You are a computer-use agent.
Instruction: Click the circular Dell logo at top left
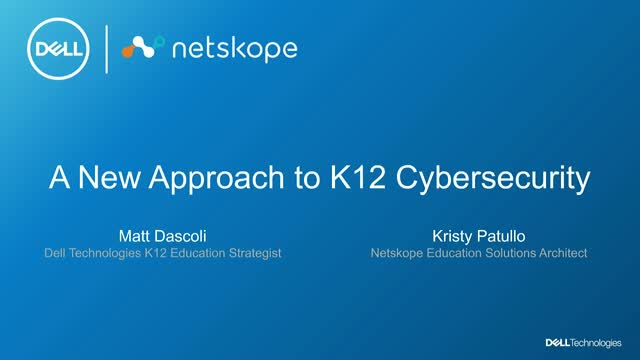tap(50, 49)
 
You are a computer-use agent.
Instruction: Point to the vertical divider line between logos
tap(107, 49)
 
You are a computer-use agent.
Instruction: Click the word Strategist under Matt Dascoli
tap(252, 253)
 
